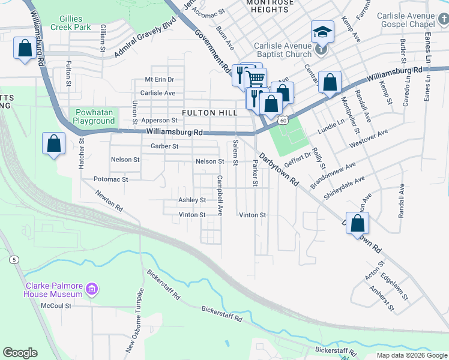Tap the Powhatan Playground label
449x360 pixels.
[x=94, y=116]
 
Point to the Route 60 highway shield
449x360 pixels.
[x=282, y=120]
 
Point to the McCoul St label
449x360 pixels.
[x=56, y=305]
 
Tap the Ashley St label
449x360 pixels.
[x=192, y=200]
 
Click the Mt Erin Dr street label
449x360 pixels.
[x=160, y=79]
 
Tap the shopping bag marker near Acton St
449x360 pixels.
[x=357, y=223]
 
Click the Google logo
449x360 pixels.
[x=20, y=352]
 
